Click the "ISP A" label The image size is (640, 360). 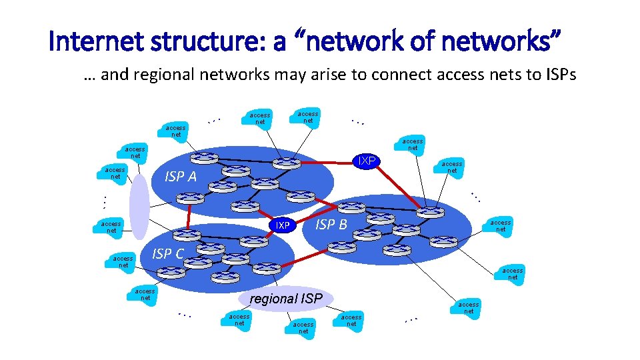pos(181,177)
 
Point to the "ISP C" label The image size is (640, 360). pos(167,253)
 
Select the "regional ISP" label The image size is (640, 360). pos(286,299)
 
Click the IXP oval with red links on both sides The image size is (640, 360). pos(366,161)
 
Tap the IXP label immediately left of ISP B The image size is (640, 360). pos(283,225)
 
